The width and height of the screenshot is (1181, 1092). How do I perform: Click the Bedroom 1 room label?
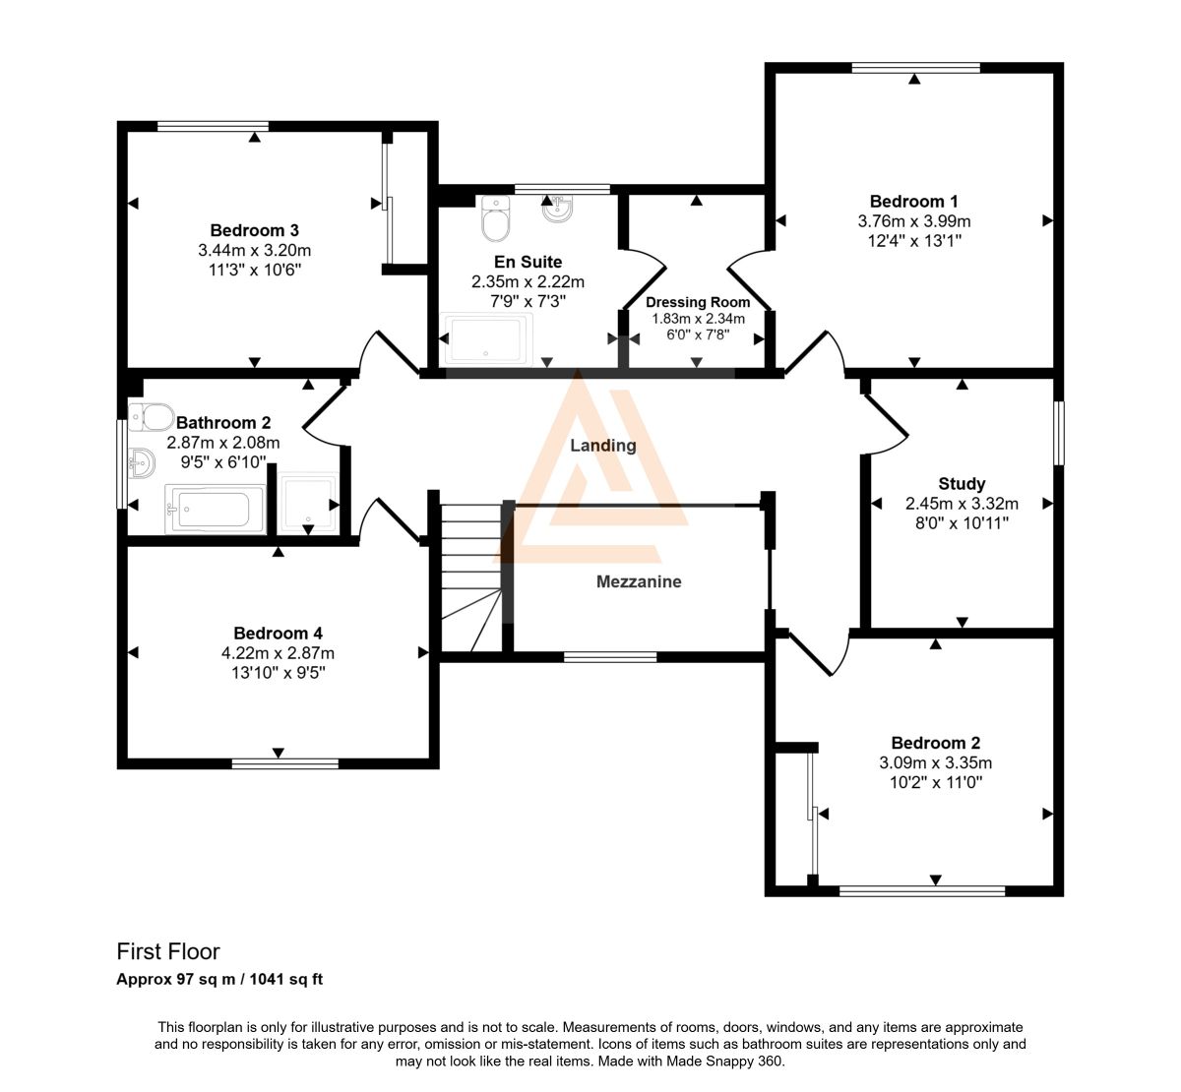914,202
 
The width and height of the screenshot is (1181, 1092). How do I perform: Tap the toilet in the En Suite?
496,218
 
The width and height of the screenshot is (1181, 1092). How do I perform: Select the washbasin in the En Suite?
558,209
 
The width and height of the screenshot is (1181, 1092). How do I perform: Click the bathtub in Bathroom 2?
216,510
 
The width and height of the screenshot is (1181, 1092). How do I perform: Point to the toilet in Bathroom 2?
151,417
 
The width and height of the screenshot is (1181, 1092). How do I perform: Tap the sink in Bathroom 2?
142,463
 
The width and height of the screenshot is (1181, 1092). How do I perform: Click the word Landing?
603,446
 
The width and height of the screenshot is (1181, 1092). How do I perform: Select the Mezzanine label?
639,581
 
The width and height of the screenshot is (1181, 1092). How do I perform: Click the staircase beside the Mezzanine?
471,577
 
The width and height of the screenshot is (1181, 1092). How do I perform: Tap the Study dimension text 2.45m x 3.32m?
962,504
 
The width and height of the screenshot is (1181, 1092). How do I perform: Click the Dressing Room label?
698,302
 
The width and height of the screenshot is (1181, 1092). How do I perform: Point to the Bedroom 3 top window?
213,126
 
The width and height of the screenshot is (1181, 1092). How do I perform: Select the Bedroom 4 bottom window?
284,763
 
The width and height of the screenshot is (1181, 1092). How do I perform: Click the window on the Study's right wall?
1059,433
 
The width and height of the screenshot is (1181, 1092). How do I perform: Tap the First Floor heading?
168,951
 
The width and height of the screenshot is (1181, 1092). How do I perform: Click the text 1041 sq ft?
286,979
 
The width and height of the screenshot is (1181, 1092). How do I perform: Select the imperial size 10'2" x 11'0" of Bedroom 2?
935,782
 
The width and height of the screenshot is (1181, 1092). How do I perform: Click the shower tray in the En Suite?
486,339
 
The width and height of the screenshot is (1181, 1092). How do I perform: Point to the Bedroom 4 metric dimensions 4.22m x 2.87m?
278,653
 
